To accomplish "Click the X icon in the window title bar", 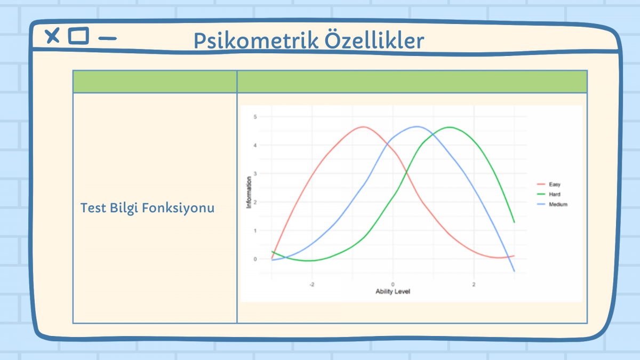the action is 52,36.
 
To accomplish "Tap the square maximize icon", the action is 78,36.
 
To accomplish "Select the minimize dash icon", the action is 107,38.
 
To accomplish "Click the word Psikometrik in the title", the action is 256,41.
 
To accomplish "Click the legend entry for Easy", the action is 549,185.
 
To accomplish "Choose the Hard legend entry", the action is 549,194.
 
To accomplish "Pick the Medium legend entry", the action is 552,204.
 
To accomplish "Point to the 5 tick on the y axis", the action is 255,117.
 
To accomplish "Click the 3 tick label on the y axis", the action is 255,174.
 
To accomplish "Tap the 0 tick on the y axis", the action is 255,259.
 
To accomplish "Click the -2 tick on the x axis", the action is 311,285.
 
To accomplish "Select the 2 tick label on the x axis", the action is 474,285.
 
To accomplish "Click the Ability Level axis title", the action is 393,292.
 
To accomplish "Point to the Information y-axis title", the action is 249,193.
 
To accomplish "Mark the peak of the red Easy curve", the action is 363,127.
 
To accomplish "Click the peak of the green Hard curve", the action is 450,127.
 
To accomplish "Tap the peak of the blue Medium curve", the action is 417,126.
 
